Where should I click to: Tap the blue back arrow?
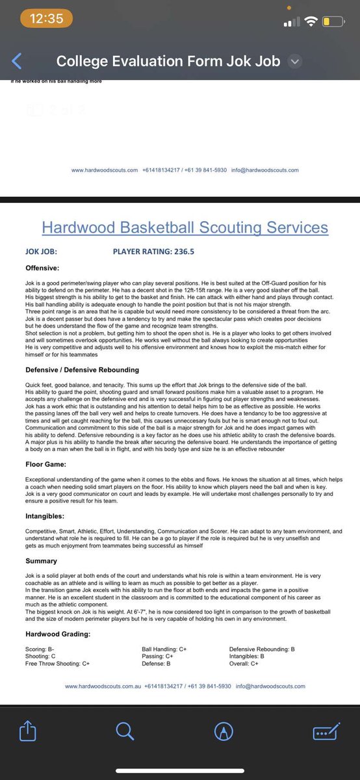pos(17,62)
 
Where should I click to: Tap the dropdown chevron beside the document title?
pos(295,62)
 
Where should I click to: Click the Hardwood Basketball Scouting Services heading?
pos(185,227)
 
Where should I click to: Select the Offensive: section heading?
pos(42,267)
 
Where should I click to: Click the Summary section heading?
pos(42,560)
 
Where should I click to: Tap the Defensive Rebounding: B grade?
pos(262,649)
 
